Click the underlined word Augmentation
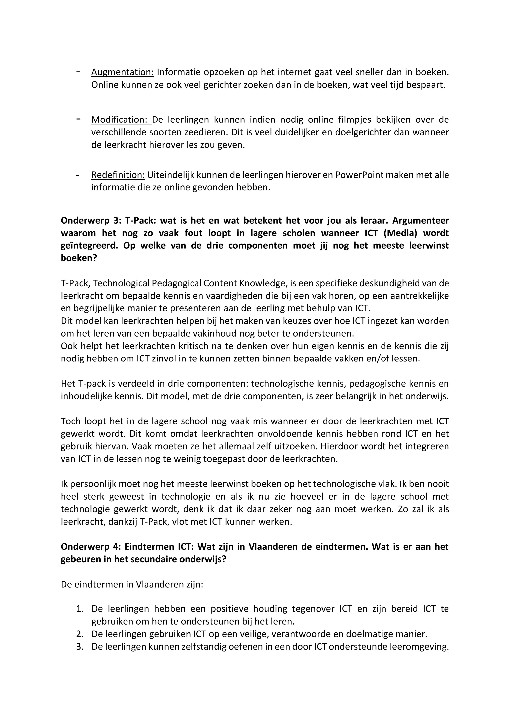point(122,72)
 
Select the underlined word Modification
point(119,120)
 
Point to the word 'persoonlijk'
point(92,484)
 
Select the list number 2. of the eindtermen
point(79,634)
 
